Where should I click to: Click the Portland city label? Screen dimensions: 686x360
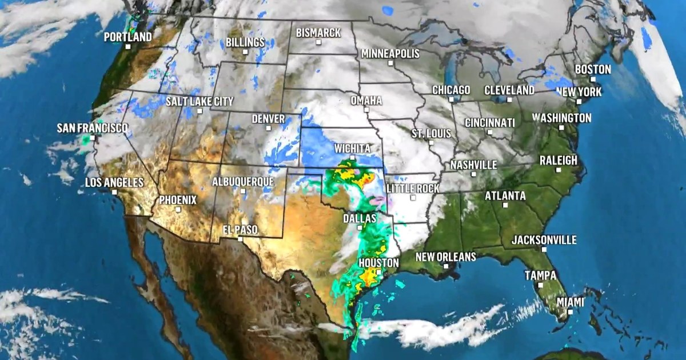pos(128,37)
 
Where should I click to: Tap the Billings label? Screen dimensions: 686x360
pos(245,42)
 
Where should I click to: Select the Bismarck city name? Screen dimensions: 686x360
pos(318,33)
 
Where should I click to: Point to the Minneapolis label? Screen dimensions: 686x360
pos(390,53)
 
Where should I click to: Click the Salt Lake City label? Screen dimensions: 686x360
pos(200,101)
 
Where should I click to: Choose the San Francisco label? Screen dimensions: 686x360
pos(92,128)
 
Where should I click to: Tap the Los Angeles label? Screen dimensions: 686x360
pos(114,183)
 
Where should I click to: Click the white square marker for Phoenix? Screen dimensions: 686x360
pos(178,210)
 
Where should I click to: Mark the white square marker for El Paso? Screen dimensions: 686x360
pos(241,239)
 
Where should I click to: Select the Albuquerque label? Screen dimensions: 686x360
pos(243,182)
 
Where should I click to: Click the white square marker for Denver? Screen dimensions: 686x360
pos(268,129)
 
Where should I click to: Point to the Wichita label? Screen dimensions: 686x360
pos(352,149)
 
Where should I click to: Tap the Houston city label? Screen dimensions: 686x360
pos(378,263)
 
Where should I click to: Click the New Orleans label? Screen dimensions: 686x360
pos(445,257)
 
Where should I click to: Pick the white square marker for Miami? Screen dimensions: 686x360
pos(570,311)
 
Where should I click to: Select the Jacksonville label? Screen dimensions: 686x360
pos(544,240)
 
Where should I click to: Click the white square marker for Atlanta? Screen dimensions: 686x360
pos(505,205)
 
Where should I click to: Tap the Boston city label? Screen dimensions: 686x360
pos(593,69)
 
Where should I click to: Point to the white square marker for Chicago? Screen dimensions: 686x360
pos(451,99)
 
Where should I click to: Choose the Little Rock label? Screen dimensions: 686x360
pos(413,188)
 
